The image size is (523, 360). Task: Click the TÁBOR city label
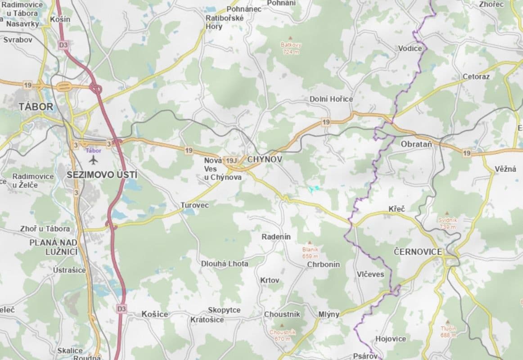pyautogui.click(x=36, y=107)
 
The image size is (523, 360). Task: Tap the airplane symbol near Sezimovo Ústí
pyautogui.click(x=94, y=160)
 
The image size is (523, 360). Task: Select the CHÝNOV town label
pyautogui.click(x=265, y=159)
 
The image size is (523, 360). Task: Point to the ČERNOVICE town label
pyautogui.click(x=418, y=252)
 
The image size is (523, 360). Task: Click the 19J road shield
pyautogui.click(x=231, y=161)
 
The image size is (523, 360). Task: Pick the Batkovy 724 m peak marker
pyautogui.click(x=290, y=38)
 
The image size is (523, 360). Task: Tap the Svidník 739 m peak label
pyautogui.click(x=447, y=223)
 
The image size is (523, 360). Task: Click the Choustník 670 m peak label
pyautogui.click(x=283, y=335)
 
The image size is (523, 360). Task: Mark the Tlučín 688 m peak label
pyautogui.click(x=448, y=332)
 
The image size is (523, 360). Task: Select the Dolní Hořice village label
pyautogui.click(x=331, y=99)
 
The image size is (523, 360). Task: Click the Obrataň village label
pyautogui.click(x=416, y=144)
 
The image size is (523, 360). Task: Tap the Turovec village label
pyautogui.click(x=195, y=205)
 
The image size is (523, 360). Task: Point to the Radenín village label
pyautogui.click(x=276, y=237)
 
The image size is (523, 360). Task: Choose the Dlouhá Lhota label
pyautogui.click(x=225, y=264)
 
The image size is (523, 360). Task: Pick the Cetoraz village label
pyautogui.click(x=476, y=76)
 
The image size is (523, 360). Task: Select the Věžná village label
pyautogui.click(x=505, y=169)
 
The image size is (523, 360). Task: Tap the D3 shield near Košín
pyautogui.click(x=63, y=45)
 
